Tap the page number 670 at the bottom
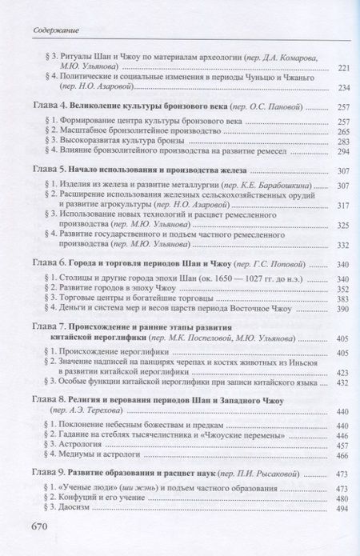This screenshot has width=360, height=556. [x=41, y=526]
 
